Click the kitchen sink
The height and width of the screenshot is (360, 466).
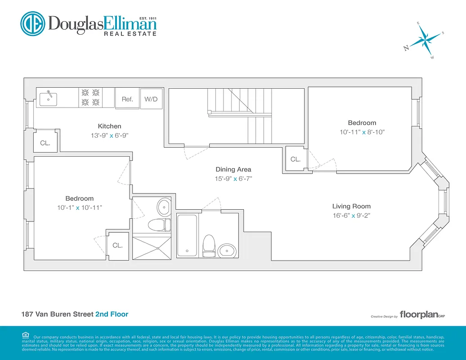(48, 98)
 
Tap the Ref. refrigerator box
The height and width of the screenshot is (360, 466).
(127, 99)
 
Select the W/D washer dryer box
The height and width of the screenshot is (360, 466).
(151, 99)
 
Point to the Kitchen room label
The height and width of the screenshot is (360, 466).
(109, 126)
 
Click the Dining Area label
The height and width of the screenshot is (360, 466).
(233, 170)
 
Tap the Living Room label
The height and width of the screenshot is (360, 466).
(351, 207)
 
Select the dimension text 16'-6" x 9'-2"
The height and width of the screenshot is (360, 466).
(351, 216)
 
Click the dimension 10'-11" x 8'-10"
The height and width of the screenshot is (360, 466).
(362, 132)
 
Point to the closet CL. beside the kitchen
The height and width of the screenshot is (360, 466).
(45, 143)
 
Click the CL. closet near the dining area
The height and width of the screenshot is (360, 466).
(295, 159)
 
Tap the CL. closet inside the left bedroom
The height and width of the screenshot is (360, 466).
(117, 245)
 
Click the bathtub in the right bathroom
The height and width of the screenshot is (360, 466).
(187, 235)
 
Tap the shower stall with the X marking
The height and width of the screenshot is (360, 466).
(152, 246)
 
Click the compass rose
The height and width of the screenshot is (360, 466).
(424, 40)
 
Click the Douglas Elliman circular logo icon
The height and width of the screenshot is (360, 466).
(33, 23)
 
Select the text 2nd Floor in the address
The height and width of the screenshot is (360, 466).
(115, 314)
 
